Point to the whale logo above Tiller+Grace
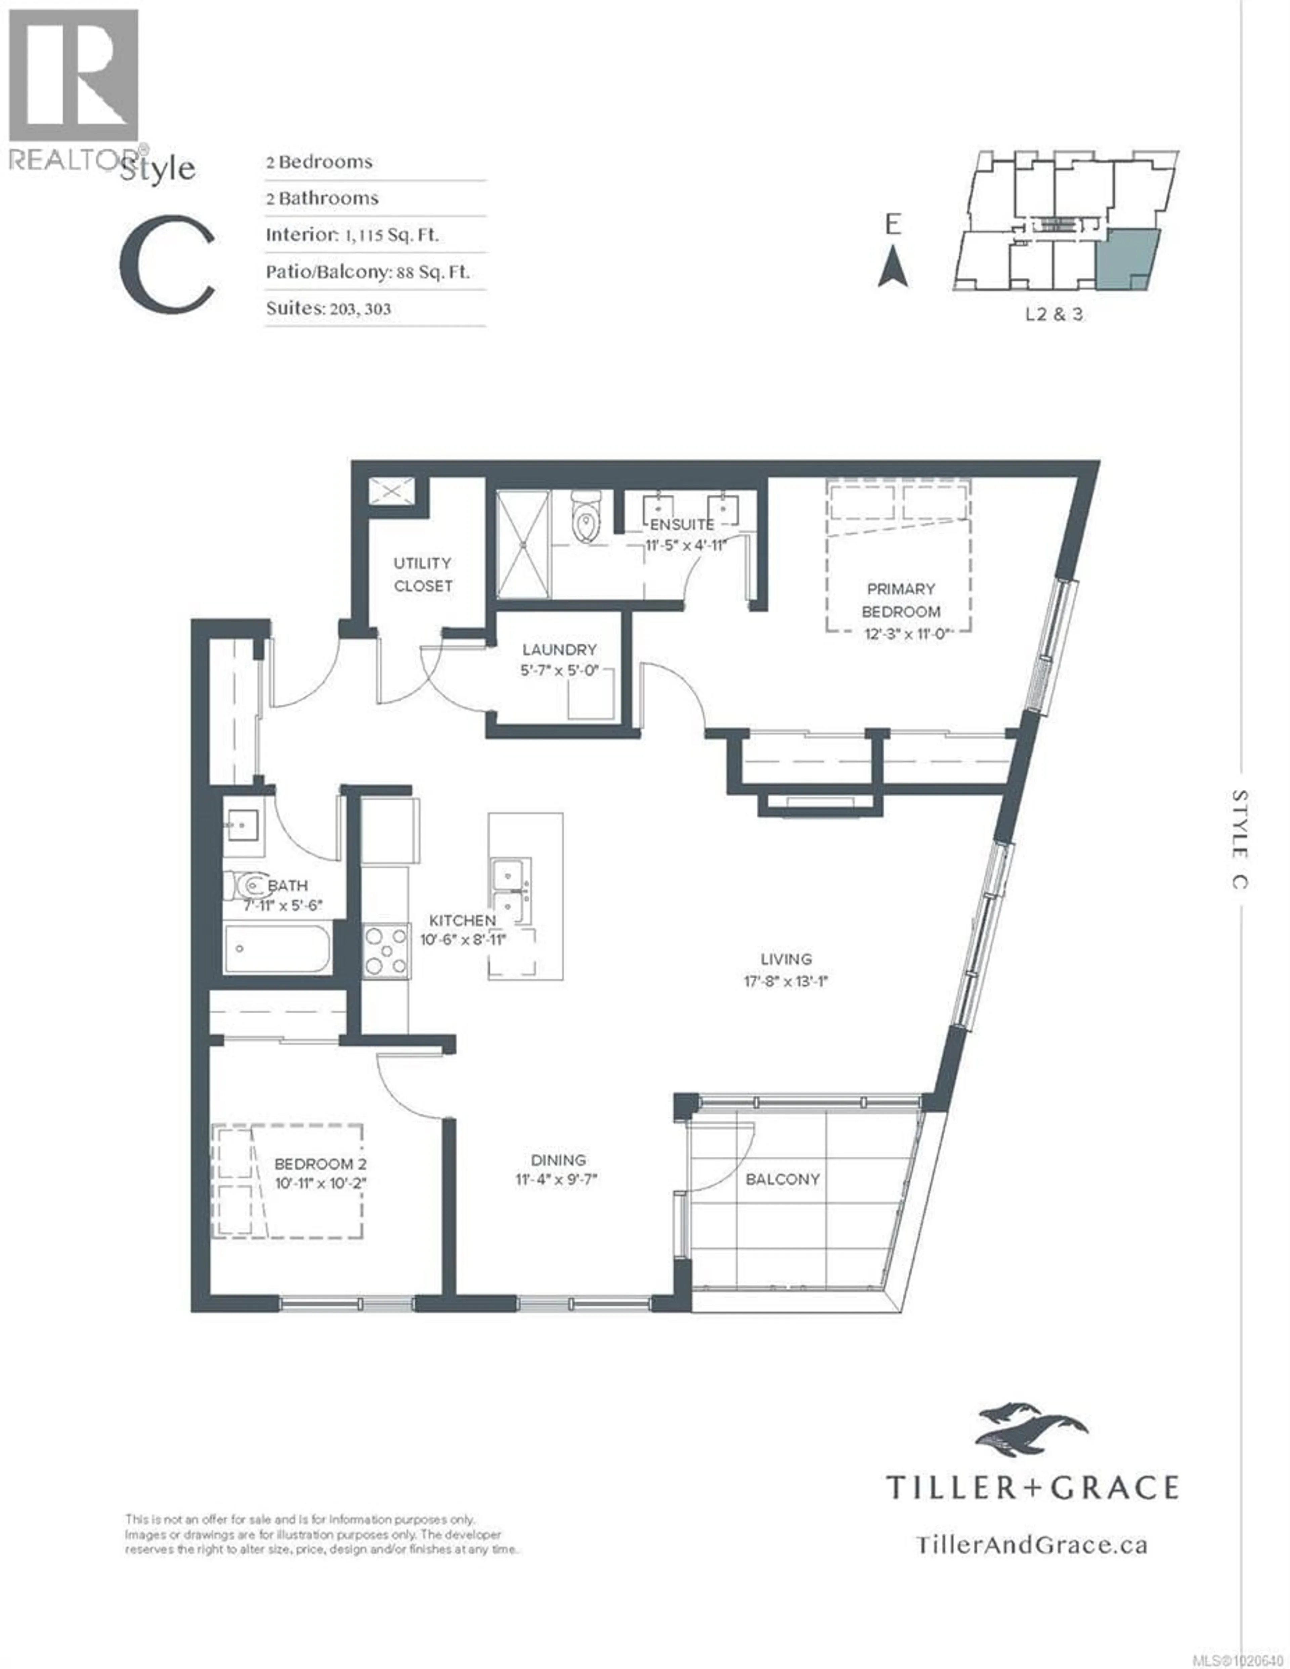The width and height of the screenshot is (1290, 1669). point(1031,1428)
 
